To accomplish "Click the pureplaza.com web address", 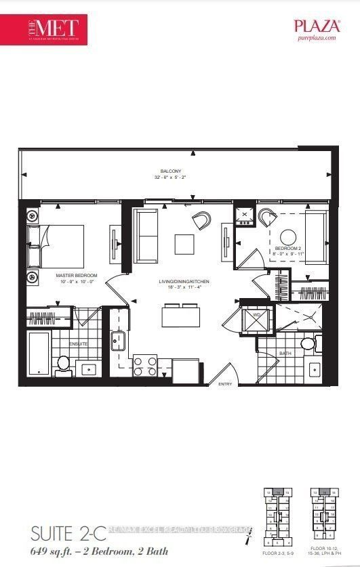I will click(x=315, y=39).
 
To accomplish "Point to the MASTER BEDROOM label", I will click(x=77, y=276).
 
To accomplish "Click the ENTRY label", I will click(x=224, y=384).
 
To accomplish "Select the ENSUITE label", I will click(x=79, y=343).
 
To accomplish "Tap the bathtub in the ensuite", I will click(x=39, y=354).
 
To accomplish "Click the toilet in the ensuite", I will click(x=64, y=364).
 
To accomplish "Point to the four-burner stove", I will click(x=144, y=366).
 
